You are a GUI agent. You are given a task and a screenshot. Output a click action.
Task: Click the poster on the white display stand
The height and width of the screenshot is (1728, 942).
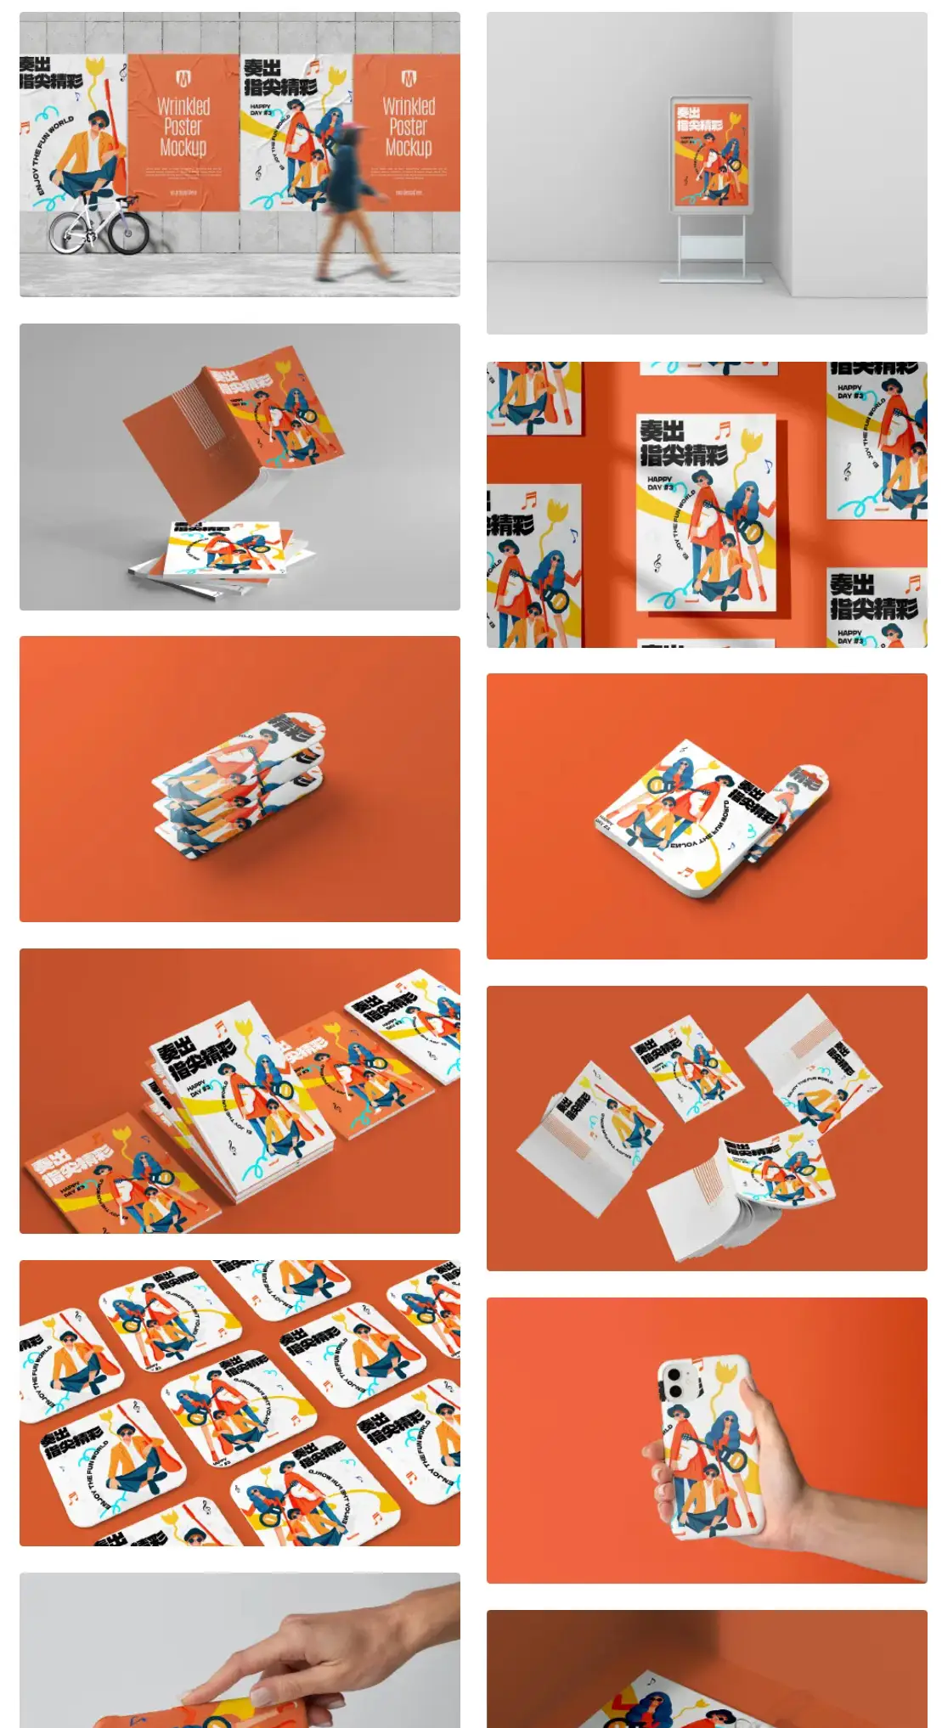coord(711,155)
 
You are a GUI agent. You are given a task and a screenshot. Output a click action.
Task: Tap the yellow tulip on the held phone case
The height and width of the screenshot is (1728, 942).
coord(725,1374)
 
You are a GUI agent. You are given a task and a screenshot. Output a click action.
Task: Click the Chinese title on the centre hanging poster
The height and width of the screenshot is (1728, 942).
coord(683,442)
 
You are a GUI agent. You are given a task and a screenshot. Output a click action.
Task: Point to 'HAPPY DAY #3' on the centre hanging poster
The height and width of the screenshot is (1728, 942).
coord(660,483)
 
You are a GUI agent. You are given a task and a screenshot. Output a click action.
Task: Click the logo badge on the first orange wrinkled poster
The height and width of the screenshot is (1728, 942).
coord(183,80)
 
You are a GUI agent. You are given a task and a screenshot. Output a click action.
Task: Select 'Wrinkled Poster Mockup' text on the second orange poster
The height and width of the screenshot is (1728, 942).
coord(409,127)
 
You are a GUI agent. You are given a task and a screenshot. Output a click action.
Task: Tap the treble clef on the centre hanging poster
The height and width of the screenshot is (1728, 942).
coord(657,561)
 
